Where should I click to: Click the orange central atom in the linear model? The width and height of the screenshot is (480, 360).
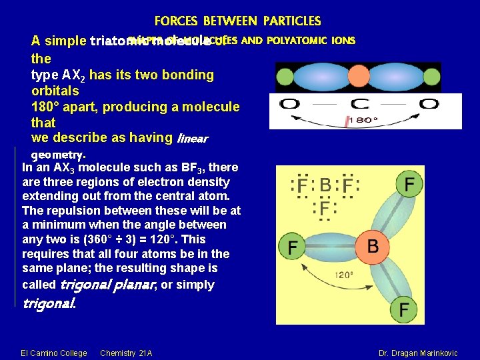tap(358, 77)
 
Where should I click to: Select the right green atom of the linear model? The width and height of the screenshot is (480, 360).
tap(431, 77)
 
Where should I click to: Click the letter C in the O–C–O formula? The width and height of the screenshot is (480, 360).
tap(359, 105)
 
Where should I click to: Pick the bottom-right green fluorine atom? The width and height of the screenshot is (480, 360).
tap(404, 309)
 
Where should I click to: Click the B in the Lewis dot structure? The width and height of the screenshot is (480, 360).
tap(325, 185)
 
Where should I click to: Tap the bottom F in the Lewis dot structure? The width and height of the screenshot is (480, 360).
tap(324, 210)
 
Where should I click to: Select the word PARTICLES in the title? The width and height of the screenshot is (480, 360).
tap(291, 22)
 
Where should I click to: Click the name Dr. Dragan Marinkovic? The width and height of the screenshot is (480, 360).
tap(418, 352)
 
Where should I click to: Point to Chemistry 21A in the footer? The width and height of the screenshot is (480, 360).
tap(126, 352)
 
